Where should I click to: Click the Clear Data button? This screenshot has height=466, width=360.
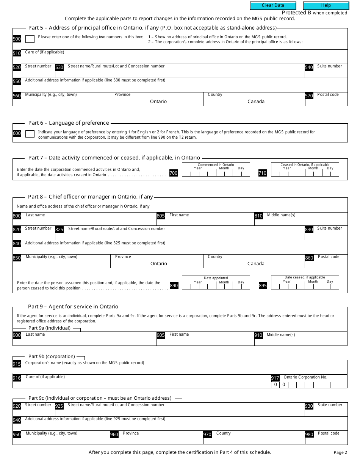pyautogui.click(x=272, y=5)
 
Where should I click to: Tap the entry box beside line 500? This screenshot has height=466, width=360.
pyautogui.click(x=30, y=39)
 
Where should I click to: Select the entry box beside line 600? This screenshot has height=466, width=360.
pyautogui.click(x=30, y=134)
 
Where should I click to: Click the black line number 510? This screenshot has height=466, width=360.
pyautogui.click(x=17, y=53)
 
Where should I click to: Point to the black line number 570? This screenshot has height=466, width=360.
pyautogui.click(x=309, y=96)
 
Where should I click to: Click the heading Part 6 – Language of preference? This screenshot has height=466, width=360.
pyautogui.click(x=69, y=123)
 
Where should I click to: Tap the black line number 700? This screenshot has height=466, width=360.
pyautogui.click(x=173, y=173)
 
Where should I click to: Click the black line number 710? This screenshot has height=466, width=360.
pyautogui.click(x=262, y=173)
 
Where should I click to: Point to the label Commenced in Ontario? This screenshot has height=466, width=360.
pyautogui.click(x=216, y=165)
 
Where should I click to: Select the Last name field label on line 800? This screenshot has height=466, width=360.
pyautogui.click(x=35, y=215)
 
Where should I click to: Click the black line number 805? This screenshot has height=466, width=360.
pyautogui.click(x=161, y=216)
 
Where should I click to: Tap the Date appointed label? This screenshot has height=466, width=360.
pyautogui.click(x=216, y=278)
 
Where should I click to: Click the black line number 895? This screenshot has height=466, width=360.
pyautogui.click(x=263, y=286)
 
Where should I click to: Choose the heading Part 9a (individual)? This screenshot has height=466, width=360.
pyautogui.click(x=49, y=328)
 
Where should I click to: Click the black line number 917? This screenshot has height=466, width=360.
pyautogui.click(x=275, y=378)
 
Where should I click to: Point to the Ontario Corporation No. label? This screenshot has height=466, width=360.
pyautogui.click(x=305, y=377)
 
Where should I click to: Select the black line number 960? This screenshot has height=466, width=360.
pyautogui.click(x=114, y=435)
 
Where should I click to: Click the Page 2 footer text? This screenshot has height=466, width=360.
pyautogui.click(x=340, y=452)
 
